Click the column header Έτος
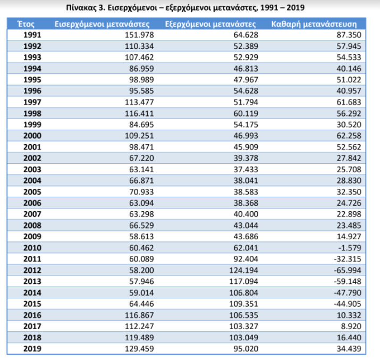click(x=26, y=24)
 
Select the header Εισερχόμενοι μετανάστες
click(x=102, y=24)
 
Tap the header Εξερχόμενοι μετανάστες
click(x=210, y=24)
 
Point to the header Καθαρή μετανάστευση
click(x=314, y=24)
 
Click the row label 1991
click(x=32, y=35)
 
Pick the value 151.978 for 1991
click(x=139, y=35)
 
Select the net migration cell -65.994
click(x=348, y=270)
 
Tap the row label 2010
click(x=32, y=248)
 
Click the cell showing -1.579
click(x=350, y=248)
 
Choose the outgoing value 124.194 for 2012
click(x=244, y=270)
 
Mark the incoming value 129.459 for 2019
click(x=139, y=349)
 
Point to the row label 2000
click(x=32, y=136)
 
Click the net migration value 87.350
click(x=349, y=35)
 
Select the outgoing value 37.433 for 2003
click(x=246, y=169)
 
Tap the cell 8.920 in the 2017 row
click(x=351, y=326)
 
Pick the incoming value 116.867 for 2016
click(x=139, y=315)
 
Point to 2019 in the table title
click(x=295, y=8)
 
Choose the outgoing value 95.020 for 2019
click(x=246, y=349)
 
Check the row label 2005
click(x=32, y=192)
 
